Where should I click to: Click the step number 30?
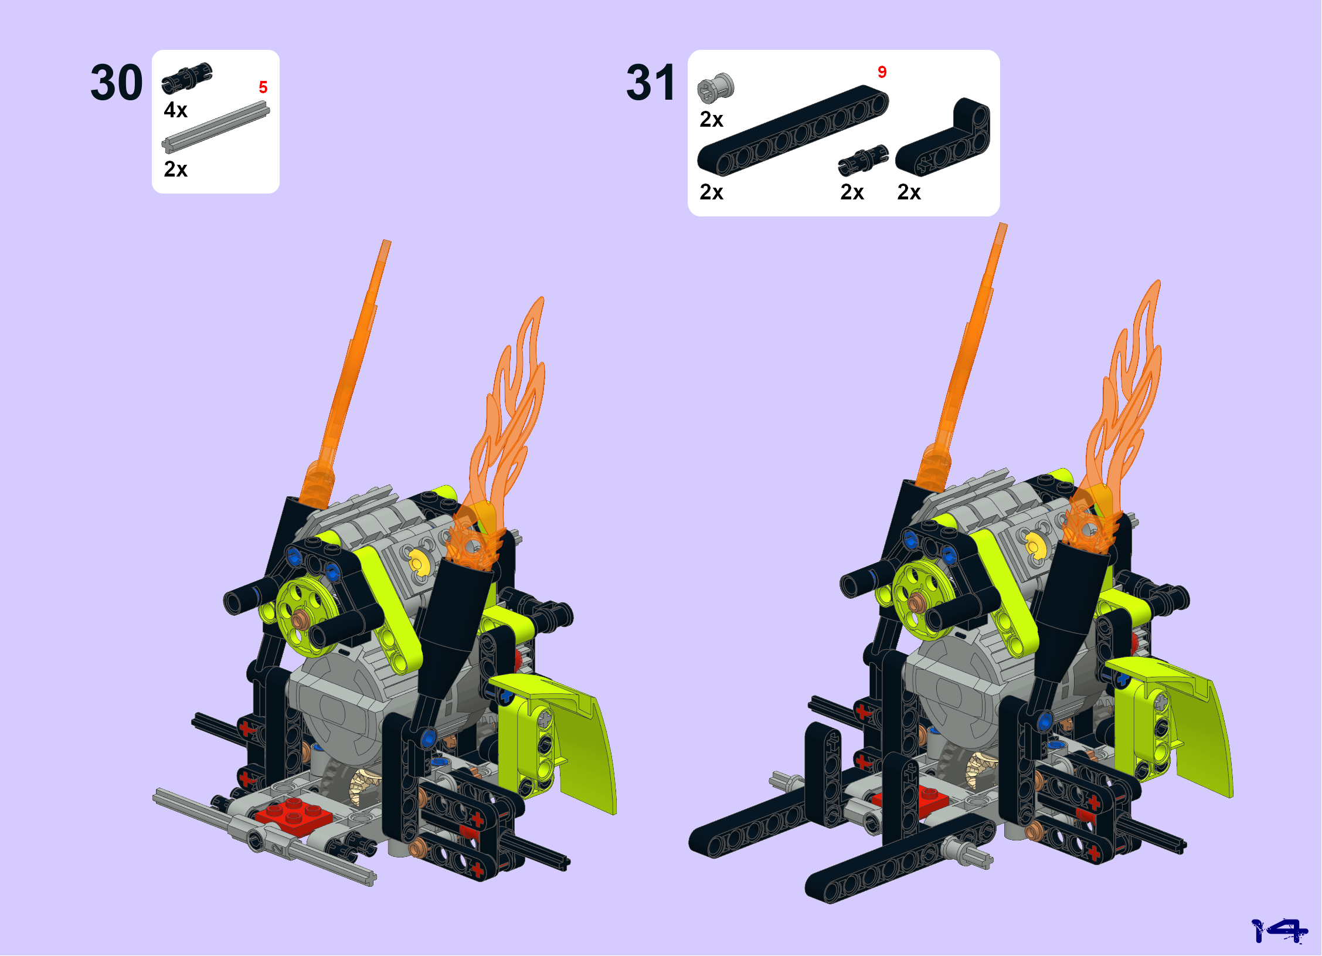click(116, 83)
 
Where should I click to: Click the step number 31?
click(650, 83)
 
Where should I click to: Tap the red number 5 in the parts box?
click(263, 87)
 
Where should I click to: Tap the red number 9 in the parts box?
click(882, 72)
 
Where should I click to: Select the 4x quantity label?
click(175, 110)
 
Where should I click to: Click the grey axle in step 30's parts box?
click(216, 127)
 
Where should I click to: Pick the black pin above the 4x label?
click(187, 77)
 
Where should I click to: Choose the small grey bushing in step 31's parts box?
click(715, 89)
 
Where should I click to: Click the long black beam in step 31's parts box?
click(793, 130)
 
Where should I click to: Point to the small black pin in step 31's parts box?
click(863, 160)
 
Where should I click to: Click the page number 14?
click(1279, 930)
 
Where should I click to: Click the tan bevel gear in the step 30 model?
click(365, 787)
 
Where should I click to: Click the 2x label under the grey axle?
click(175, 169)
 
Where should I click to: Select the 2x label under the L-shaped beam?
click(909, 192)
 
